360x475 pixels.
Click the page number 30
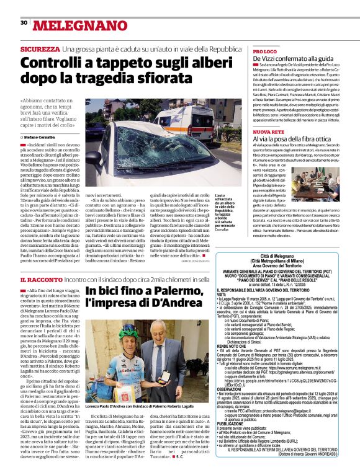coord(24,22)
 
